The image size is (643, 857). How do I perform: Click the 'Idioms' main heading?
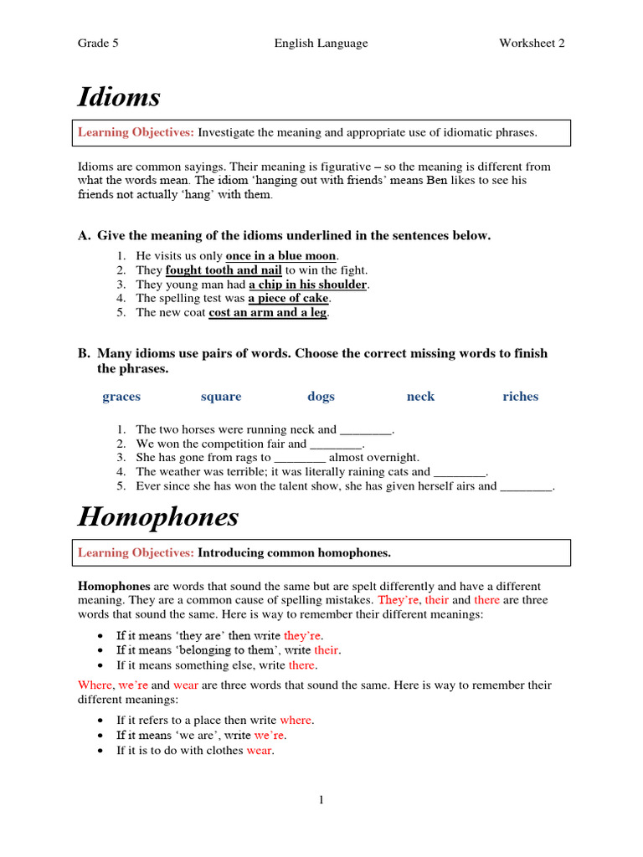tap(119, 98)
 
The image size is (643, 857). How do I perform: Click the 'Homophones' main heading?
tap(158, 517)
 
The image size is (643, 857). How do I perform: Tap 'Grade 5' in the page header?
tap(98, 44)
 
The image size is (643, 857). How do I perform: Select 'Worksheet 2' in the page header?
tap(532, 44)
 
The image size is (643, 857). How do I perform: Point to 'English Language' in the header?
tap(321, 44)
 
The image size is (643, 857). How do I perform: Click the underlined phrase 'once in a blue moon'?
tap(280, 255)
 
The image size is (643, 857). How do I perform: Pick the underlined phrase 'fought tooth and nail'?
tap(224, 270)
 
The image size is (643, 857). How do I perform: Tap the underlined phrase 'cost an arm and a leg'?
tap(268, 312)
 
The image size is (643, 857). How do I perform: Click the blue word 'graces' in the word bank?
tap(121, 397)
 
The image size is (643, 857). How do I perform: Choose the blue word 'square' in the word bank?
tap(221, 397)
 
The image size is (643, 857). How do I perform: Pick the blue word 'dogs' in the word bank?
tap(321, 397)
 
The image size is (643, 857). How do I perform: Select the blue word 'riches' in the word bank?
tap(520, 397)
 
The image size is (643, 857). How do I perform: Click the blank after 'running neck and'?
tap(366, 430)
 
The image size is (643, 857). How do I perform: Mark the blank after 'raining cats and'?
tap(460, 472)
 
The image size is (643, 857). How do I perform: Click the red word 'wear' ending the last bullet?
tap(260, 751)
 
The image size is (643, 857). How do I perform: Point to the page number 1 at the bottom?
tap(321, 801)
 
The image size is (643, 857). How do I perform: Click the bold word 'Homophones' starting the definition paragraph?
tap(114, 587)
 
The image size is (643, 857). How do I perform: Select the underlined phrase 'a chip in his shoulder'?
tap(307, 285)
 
